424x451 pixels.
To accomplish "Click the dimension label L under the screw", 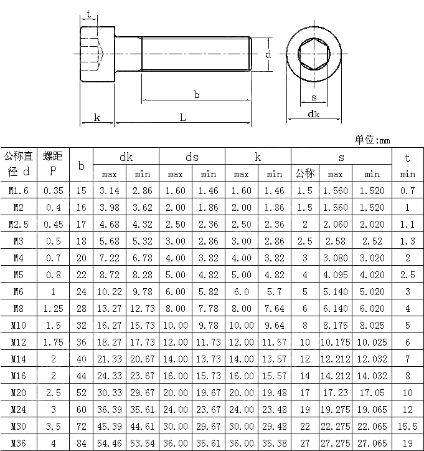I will (182, 117).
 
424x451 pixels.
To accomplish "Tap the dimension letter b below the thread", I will (197, 94).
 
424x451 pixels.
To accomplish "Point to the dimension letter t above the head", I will (89, 14).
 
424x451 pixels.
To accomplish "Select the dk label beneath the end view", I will (314, 114).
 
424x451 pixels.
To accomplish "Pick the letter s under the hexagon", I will (314, 97).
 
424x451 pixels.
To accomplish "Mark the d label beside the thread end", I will (268, 55).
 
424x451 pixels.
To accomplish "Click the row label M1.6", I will (17, 191).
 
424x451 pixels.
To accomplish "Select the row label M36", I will (17, 442).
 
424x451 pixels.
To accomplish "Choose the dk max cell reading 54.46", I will (110, 442).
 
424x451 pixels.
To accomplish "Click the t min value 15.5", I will (407, 425).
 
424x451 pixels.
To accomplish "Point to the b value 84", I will (81, 442).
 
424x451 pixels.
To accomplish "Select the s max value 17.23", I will (335, 392).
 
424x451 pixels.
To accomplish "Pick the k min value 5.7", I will (274, 291).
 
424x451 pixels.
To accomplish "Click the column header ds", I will (192, 157).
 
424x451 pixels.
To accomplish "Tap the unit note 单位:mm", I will (372, 140).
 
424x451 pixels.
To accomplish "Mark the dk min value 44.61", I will (143, 425).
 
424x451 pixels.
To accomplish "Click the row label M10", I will (17, 325).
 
